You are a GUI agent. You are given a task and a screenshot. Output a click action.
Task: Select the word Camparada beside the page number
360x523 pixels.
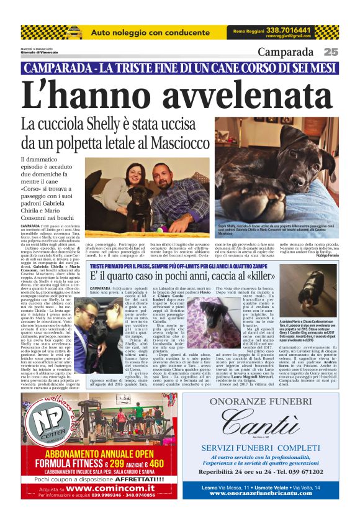click(286, 52)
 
